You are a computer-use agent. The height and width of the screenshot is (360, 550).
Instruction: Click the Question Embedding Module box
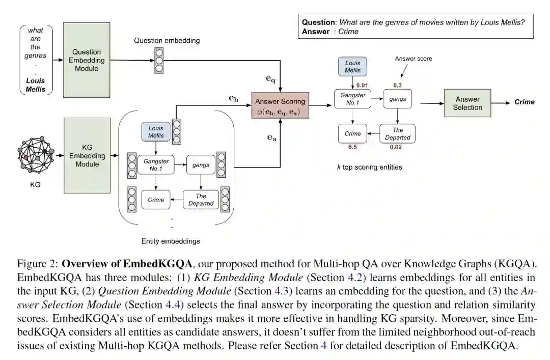(86, 60)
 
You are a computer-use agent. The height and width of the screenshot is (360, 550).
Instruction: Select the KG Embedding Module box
(87, 155)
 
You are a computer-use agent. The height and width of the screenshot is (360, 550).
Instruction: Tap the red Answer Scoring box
(280, 106)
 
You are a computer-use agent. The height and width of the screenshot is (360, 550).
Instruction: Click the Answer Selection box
(468, 103)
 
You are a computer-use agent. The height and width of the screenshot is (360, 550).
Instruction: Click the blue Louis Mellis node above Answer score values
(352, 67)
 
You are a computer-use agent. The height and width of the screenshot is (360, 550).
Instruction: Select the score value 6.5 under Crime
(352, 147)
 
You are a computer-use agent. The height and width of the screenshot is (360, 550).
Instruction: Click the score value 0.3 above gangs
(397, 86)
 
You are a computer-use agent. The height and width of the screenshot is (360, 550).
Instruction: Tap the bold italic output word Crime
(524, 102)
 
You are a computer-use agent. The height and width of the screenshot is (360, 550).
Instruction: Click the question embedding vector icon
(159, 60)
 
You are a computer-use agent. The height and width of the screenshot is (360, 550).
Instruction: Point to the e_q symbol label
(270, 79)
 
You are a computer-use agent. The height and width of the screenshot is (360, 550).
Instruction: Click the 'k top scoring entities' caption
(369, 167)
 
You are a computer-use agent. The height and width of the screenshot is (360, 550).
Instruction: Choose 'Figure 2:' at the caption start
(37, 264)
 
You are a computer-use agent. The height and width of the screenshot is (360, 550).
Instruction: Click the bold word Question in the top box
(319, 22)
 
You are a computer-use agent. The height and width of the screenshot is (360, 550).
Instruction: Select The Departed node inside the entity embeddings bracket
(201, 200)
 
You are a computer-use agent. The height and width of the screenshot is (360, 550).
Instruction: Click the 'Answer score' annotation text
(413, 59)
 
